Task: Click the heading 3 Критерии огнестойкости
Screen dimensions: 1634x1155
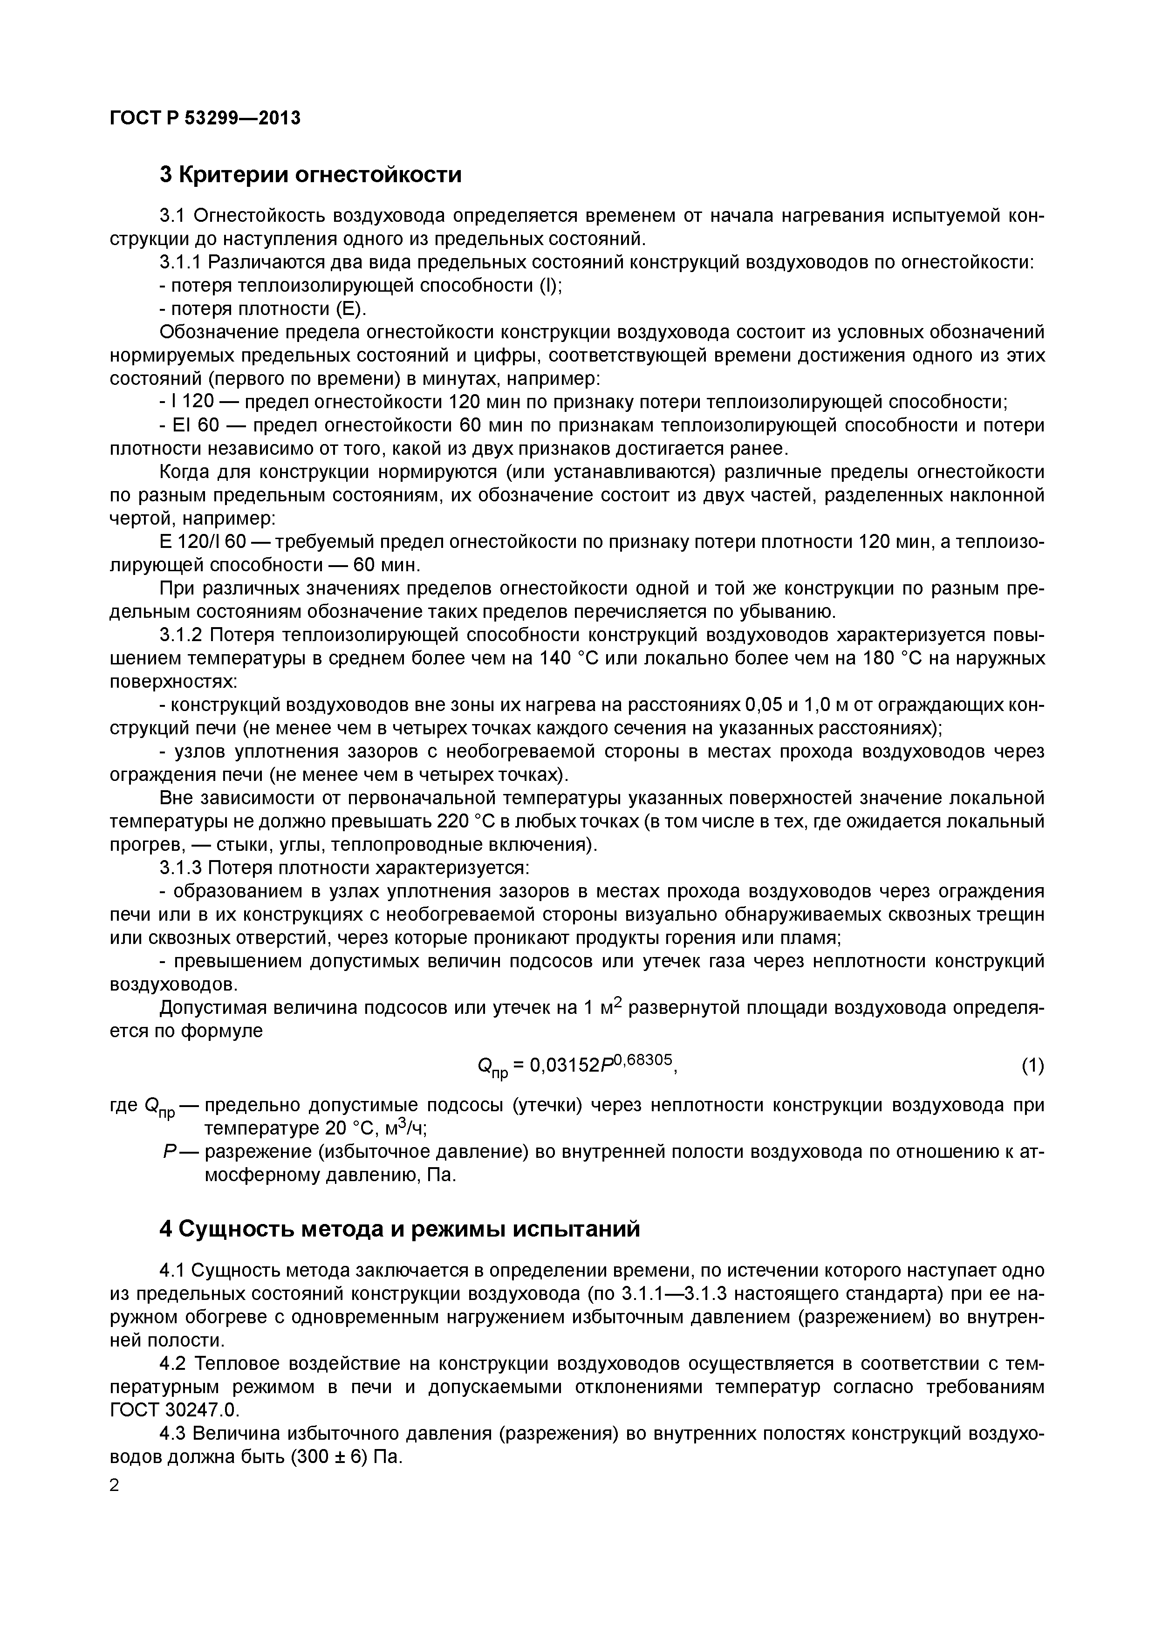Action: pyautogui.click(x=310, y=174)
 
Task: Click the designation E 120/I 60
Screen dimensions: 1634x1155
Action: pyautogui.click(x=203, y=542)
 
